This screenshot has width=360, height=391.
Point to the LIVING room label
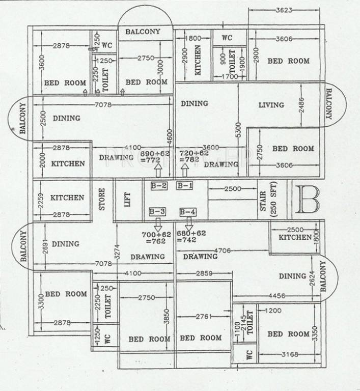coord(271,105)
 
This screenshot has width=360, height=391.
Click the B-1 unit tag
coord(184,186)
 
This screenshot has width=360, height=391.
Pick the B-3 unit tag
coord(157,211)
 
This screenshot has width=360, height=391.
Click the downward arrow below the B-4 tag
coord(189,222)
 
